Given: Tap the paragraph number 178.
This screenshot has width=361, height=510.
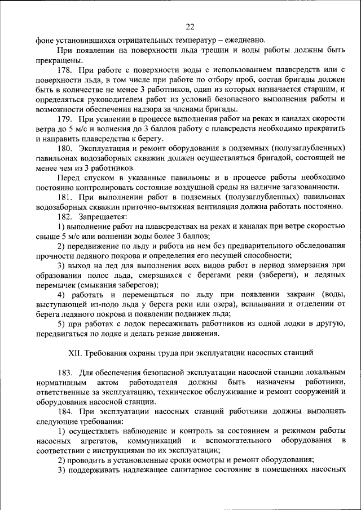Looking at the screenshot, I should click(67, 69).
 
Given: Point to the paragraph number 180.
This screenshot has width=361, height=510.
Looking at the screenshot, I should click(67, 148).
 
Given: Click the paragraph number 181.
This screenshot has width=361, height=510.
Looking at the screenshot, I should click(67, 197).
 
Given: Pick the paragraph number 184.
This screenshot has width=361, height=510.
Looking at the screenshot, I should click(67, 412).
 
